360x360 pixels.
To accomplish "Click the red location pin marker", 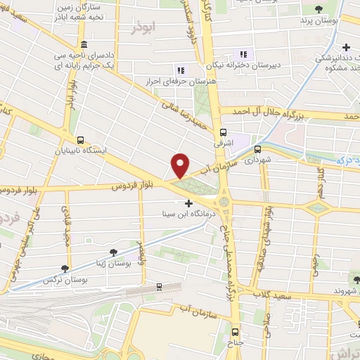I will click(181, 165).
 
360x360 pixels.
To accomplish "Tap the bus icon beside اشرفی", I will click(224, 131).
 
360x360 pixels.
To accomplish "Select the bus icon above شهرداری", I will click(257, 148).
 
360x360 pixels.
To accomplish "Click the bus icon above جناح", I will click(236, 332).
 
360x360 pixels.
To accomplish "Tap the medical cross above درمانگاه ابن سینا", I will click(188, 202).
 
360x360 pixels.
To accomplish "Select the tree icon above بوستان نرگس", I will click(65, 268).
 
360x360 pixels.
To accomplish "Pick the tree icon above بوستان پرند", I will click(319, 9).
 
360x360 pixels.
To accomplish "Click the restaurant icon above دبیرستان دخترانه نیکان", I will click(244, 54).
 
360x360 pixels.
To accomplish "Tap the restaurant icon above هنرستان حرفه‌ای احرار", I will click(181, 70).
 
